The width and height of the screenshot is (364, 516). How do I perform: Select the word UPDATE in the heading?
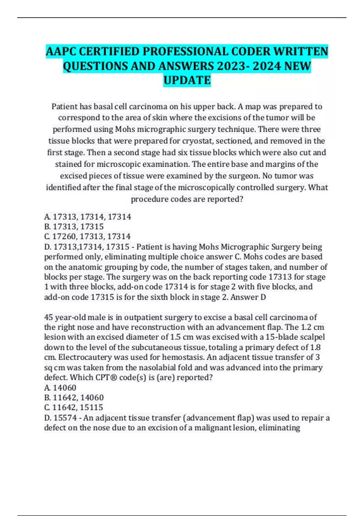click(187, 80)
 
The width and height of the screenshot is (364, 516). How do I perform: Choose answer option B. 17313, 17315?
click(74, 226)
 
